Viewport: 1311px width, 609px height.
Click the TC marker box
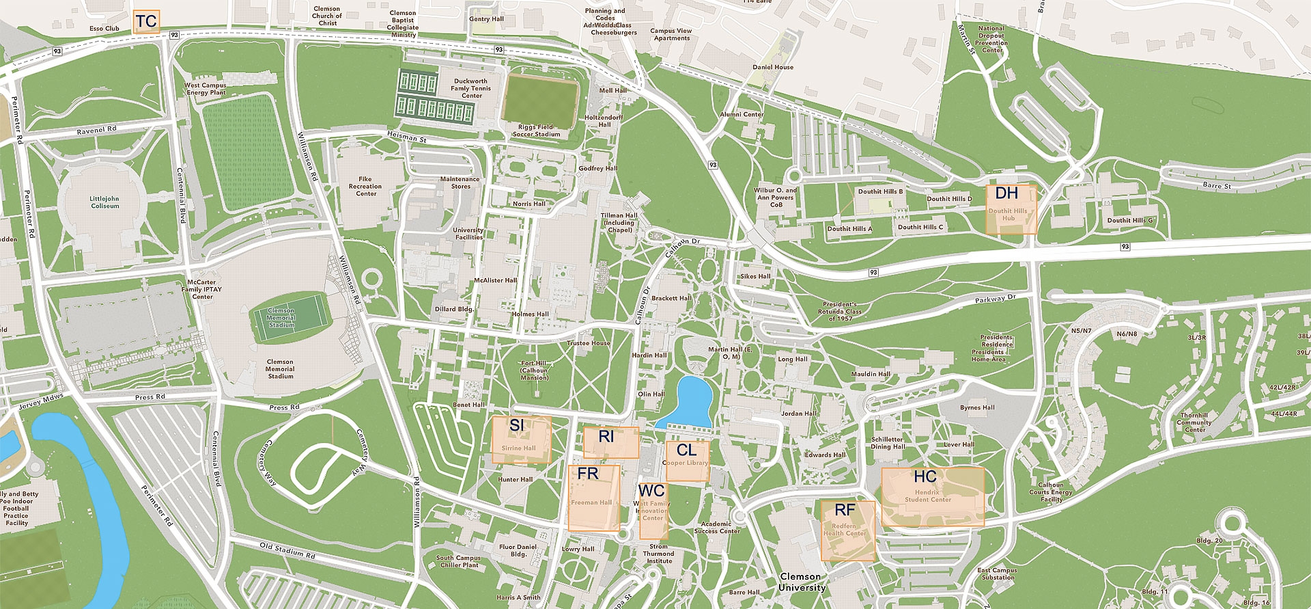(x=146, y=22)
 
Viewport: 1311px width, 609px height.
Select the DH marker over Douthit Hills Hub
(x=1011, y=208)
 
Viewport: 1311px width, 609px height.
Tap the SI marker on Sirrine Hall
(x=521, y=440)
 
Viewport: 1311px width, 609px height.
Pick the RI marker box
(x=611, y=442)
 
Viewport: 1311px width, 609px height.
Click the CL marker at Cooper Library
(x=687, y=460)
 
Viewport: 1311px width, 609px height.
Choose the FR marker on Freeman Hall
(x=593, y=498)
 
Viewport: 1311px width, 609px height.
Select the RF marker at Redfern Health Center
(x=847, y=530)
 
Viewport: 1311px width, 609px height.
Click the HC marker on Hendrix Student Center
(x=932, y=496)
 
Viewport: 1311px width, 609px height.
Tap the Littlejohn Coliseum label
(x=104, y=202)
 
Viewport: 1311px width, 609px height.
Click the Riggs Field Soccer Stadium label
(x=537, y=131)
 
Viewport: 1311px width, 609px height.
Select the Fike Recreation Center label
(x=365, y=187)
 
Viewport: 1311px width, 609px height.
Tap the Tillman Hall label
(x=619, y=222)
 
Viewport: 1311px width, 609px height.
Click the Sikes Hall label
(x=755, y=276)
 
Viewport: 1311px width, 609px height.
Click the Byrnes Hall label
(x=977, y=407)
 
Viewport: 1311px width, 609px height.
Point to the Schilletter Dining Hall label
(x=887, y=443)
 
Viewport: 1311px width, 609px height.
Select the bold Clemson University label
(x=802, y=582)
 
